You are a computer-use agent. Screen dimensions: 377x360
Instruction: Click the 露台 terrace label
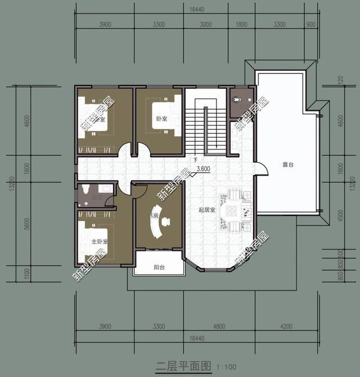(x=289, y=164)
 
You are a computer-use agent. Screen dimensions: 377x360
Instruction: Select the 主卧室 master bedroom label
(x=100, y=241)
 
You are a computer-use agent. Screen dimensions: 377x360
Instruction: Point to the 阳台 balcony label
(x=159, y=268)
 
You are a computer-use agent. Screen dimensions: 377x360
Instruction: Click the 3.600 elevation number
(x=204, y=169)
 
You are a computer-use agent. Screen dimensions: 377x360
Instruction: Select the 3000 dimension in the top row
(x=205, y=25)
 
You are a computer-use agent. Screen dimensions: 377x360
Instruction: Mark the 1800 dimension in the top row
(x=241, y=25)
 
